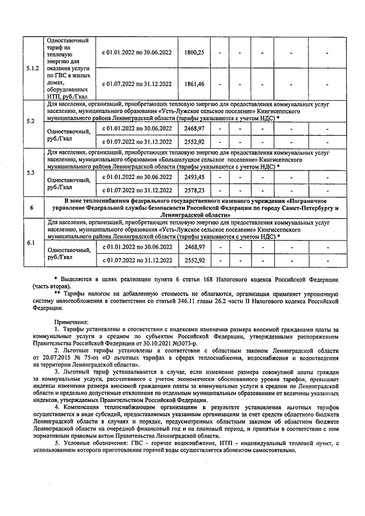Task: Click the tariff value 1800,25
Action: coord(194,52)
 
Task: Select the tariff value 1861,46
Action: coord(194,84)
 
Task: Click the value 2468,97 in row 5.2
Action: coord(194,129)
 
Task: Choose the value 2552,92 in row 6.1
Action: coord(194,260)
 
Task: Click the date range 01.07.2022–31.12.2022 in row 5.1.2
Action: coord(137,84)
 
